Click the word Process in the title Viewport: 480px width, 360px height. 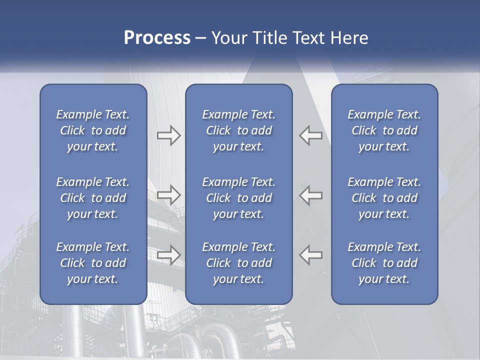[157, 38]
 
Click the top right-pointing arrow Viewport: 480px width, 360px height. [168, 135]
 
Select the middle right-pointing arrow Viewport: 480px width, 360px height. [168, 195]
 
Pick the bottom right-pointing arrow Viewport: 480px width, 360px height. [168, 254]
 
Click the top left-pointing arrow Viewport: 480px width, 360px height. [311, 135]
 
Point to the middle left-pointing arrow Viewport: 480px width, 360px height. [311, 195]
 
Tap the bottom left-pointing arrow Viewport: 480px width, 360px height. [311, 254]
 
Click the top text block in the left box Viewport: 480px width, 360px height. [93, 130]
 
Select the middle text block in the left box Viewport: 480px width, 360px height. [93, 198]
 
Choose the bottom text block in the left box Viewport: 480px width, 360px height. [93, 263]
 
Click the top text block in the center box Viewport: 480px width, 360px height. [238, 130]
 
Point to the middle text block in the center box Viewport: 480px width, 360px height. [238, 198]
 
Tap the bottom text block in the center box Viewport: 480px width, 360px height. [238, 263]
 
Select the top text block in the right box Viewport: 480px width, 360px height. [384, 130]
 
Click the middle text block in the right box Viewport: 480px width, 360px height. [384, 198]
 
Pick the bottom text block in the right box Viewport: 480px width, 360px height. [384, 263]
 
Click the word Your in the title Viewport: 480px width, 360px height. [228, 38]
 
